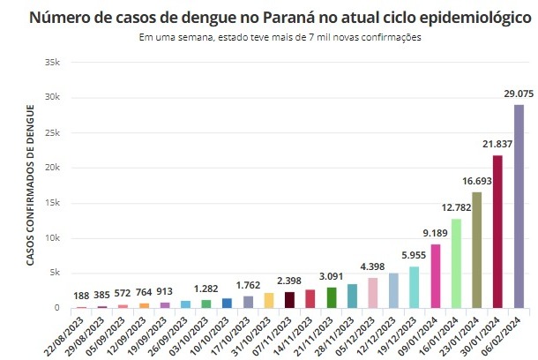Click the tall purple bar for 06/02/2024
(519, 206)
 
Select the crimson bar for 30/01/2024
(497, 232)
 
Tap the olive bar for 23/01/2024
(477, 250)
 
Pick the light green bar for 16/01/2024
(456, 264)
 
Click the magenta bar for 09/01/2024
(436, 276)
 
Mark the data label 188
(81, 296)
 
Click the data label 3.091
(331, 276)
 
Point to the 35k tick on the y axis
(52, 63)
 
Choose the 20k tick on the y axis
(52, 168)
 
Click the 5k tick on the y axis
(55, 274)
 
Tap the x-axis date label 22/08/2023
(70, 334)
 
